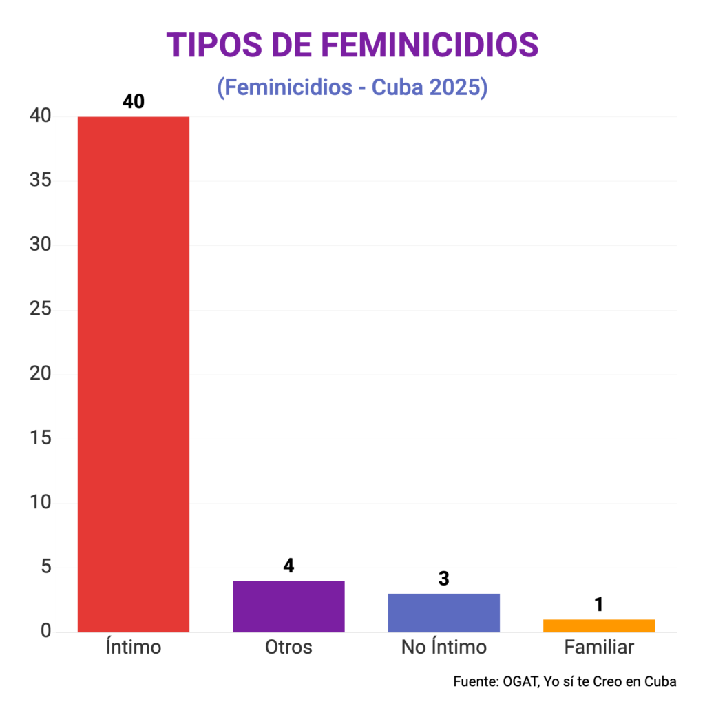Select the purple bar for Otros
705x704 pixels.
point(288,606)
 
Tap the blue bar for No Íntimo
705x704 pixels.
point(443,612)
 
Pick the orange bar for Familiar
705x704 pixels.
point(598,625)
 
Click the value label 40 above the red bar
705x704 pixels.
point(134,101)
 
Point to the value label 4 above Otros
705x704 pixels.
point(288,566)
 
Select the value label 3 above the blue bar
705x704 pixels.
point(443,579)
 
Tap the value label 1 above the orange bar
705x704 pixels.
point(598,604)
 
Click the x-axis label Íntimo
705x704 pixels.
point(134,648)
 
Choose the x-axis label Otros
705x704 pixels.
point(288,648)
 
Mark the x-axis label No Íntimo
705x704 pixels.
point(443,648)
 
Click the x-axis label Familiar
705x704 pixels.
point(598,648)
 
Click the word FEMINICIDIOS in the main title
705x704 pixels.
point(430,45)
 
